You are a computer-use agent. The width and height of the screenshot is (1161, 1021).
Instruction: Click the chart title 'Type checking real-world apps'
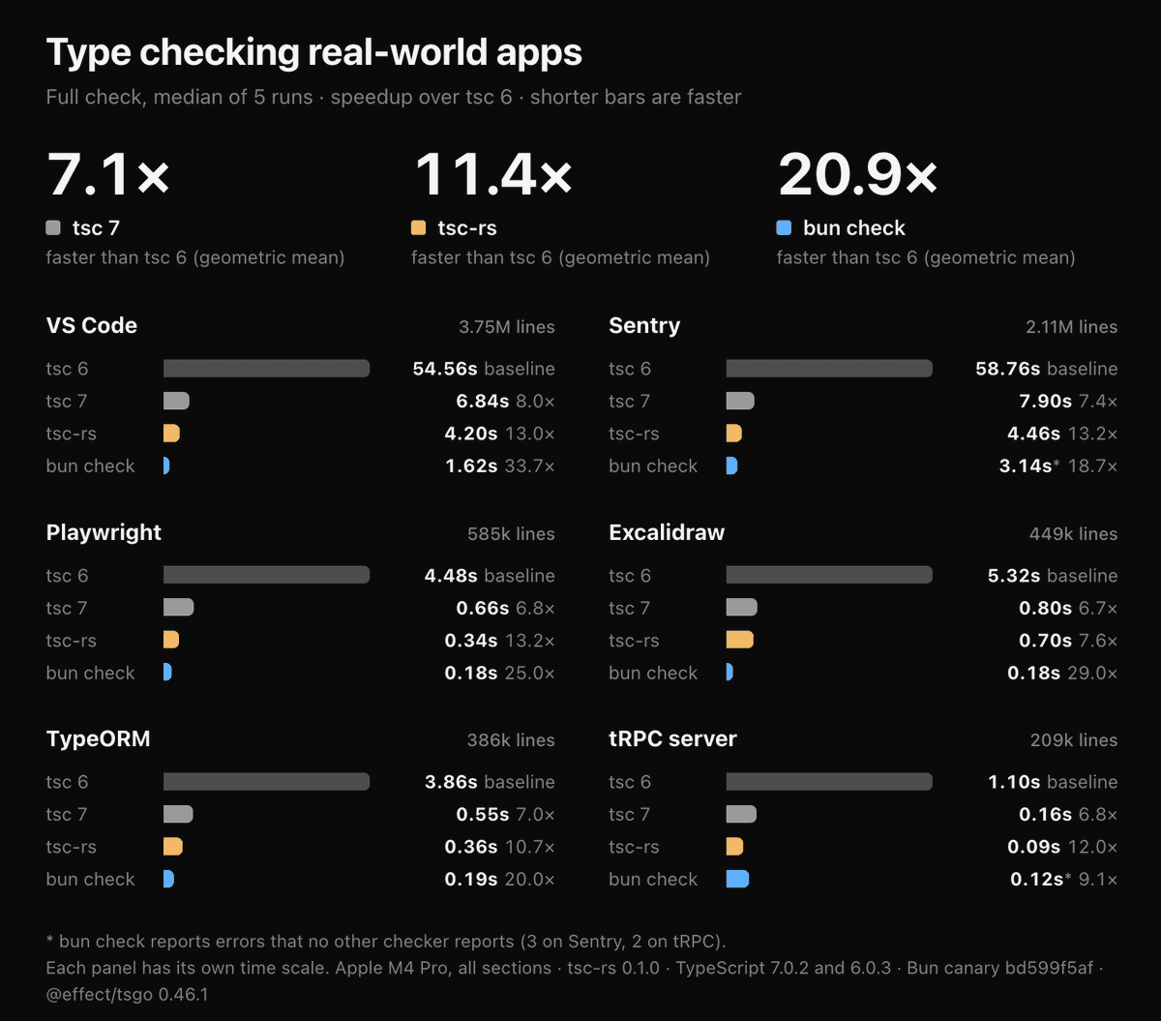point(314,52)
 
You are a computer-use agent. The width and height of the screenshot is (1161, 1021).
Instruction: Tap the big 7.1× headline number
point(107,174)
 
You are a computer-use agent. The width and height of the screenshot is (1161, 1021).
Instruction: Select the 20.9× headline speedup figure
point(857,174)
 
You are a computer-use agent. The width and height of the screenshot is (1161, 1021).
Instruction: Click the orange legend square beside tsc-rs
point(418,227)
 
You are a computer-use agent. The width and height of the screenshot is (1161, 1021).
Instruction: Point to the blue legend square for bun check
point(784,227)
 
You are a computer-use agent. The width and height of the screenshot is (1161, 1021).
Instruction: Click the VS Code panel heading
point(92,325)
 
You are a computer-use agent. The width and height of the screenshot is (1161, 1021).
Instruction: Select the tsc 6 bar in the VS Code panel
point(266,368)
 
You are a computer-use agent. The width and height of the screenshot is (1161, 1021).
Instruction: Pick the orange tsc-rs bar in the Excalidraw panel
point(740,640)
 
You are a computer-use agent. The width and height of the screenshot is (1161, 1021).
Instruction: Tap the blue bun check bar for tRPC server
point(737,879)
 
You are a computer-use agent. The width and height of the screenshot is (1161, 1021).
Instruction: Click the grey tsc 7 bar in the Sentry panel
point(740,401)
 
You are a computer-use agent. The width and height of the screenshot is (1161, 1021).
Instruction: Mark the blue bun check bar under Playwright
point(167,672)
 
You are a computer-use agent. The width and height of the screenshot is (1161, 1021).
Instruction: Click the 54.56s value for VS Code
point(445,369)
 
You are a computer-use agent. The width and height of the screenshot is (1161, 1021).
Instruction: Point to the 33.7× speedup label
point(529,466)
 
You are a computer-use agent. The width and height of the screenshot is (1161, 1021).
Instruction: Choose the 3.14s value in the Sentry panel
point(1026,466)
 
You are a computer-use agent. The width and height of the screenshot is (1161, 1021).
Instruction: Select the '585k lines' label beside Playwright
point(511,534)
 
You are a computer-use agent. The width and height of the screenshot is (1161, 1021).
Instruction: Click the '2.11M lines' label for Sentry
point(1071,327)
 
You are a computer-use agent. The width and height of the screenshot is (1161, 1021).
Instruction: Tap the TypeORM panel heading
point(98,739)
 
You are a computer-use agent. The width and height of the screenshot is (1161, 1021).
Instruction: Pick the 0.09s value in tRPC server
point(1033,847)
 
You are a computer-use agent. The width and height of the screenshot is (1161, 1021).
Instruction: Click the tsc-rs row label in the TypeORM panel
point(71,847)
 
